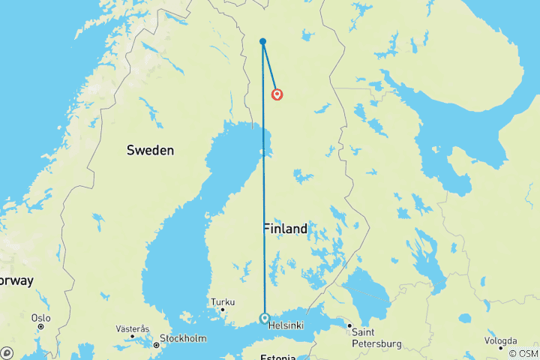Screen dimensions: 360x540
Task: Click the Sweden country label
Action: pyautogui.click(x=150, y=150)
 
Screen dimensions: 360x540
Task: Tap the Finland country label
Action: pyautogui.click(x=285, y=229)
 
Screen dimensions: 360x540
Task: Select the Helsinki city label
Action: pyautogui.click(x=286, y=325)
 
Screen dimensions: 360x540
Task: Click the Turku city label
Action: pyautogui.click(x=223, y=303)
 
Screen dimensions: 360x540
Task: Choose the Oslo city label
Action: pyautogui.click(x=40, y=318)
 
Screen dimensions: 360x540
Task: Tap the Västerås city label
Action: pyautogui.click(x=133, y=329)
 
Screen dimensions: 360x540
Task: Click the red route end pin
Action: pyautogui.click(x=277, y=94)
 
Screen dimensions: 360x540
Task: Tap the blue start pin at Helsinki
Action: pyautogui.click(x=265, y=318)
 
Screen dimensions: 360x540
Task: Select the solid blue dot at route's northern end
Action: pyautogui.click(x=262, y=41)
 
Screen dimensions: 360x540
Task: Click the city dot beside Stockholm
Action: pyautogui.click(x=156, y=345)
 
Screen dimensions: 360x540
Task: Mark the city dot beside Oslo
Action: pyautogui.click(x=40, y=328)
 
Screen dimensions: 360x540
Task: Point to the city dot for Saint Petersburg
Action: pyautogui.click(x=349, y=325)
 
